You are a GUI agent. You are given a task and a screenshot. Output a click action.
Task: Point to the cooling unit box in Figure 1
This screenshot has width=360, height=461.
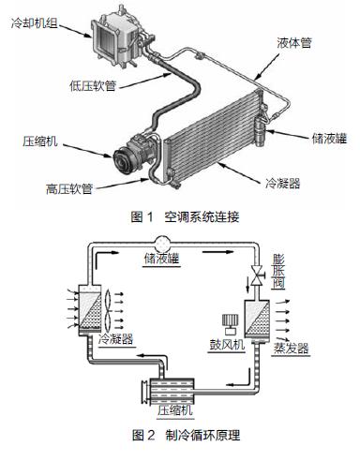pyautogui.click(x=117, y=36)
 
